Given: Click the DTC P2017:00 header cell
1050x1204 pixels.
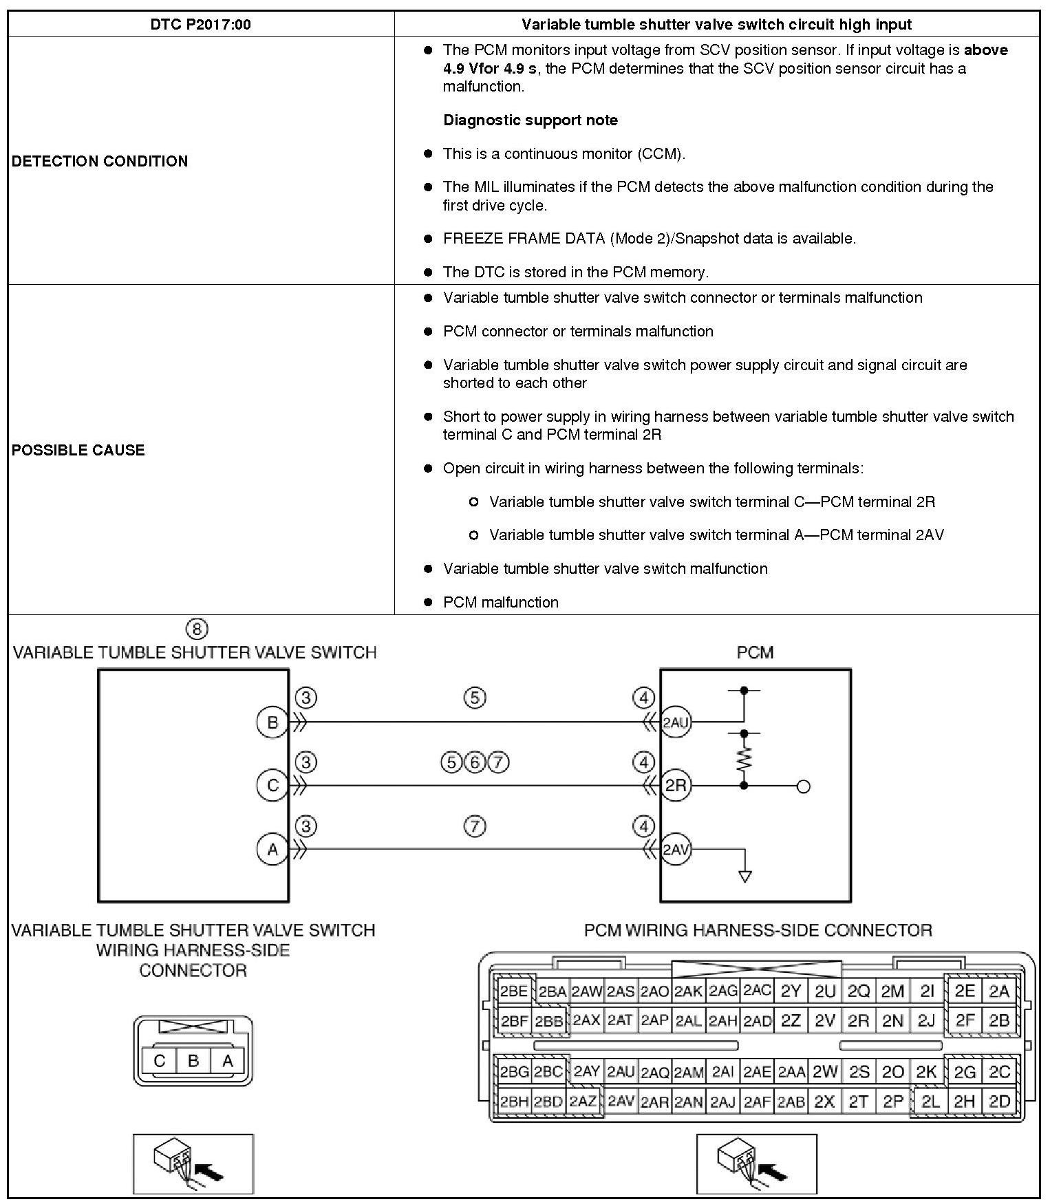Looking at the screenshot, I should [x=200, y=25].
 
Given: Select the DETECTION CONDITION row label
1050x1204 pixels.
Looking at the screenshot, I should [x=100, y=161].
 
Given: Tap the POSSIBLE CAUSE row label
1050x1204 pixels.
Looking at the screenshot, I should [x=78, y=450].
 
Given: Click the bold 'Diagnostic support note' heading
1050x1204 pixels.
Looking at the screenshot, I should [x=531, y=120].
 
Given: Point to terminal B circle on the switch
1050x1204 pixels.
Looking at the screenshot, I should [x=272, y=722].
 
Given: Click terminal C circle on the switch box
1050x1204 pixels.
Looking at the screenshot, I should [x=272, y=786].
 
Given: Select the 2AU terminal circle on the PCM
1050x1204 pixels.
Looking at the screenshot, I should [x=676, y=722].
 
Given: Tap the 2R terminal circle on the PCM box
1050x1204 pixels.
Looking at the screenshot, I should [x=676, y=786].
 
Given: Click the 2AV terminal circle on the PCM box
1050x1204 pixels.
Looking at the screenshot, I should [x=676, y=850].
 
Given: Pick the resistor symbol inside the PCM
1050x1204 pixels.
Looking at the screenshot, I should [x=744, y=760].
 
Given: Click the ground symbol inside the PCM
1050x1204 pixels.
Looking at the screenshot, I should [x=744, y=876].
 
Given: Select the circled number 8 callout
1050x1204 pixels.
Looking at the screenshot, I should [x=197, y=629].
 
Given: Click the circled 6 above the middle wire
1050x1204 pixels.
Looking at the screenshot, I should [x=475, y=762].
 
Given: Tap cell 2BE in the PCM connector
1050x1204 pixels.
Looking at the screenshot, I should [x=513, y=991].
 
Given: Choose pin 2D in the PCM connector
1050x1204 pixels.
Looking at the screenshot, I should [x=999, y=1101].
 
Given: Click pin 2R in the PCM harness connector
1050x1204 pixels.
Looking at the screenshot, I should [x=858, y=1020].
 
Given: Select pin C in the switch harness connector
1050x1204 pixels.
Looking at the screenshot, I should [x=160, y=1061].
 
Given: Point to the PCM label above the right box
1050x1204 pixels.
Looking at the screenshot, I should [x=755, y=652].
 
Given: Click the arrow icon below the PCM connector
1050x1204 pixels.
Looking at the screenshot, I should [x=756, y=1163].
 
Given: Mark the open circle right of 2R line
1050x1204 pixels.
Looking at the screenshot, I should [x=803, y=786].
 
